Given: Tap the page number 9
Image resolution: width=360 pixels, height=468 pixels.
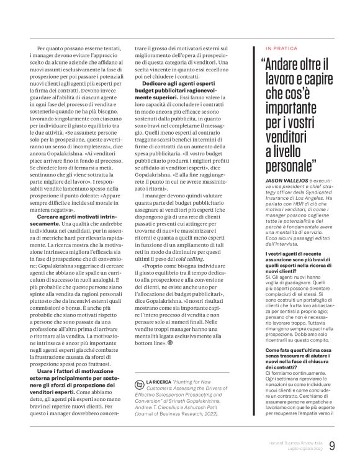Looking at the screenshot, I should click(x=333, y=446).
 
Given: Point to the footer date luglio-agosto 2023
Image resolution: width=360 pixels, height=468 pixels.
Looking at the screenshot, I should click(x=305, y=449).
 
